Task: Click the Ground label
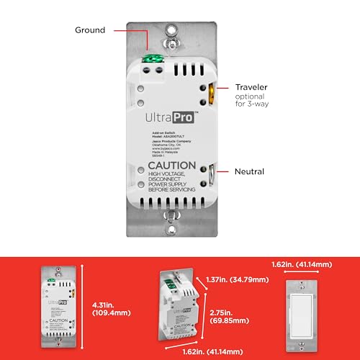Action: coord(90,30)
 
